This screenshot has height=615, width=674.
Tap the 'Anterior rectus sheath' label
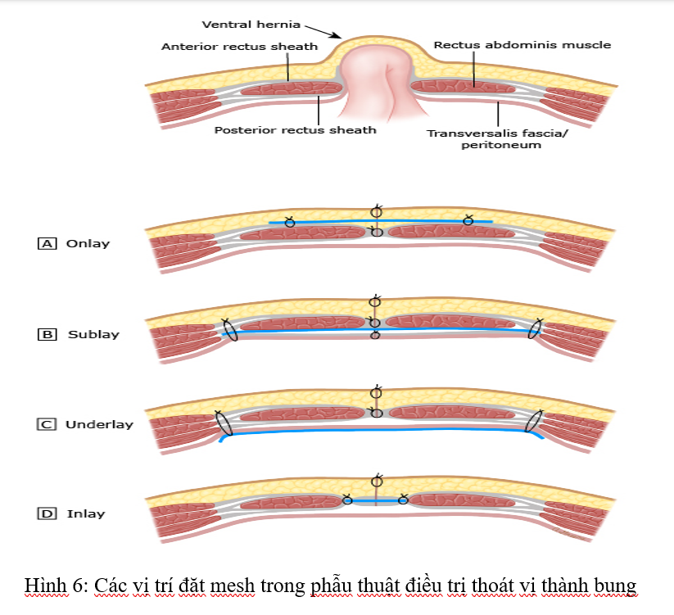239,47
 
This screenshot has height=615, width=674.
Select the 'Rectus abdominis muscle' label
522,45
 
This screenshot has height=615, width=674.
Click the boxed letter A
47,243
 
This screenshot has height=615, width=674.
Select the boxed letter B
47,334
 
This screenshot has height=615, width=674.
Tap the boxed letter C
47,424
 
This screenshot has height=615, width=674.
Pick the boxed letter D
47,514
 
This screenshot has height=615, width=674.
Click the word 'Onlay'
88,243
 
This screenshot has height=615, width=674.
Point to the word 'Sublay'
93,334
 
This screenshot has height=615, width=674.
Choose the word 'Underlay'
99,424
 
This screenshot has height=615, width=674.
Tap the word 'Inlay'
86,514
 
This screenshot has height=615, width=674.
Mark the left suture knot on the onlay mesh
289,222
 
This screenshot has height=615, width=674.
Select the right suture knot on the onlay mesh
468,220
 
